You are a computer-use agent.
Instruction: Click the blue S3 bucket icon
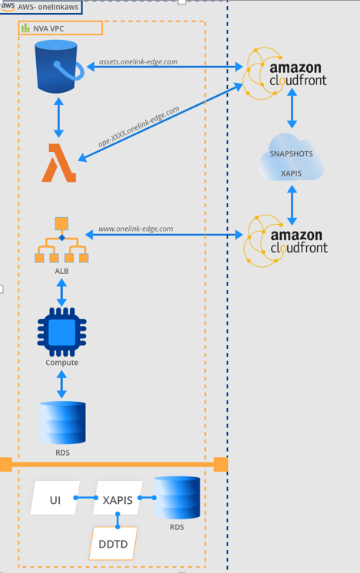click(x=58, y=67)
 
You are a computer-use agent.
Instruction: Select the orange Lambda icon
click(x=59, y=163)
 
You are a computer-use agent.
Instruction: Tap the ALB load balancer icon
click(x=61, y=240)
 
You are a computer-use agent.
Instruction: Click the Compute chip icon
click(x=62, y=332)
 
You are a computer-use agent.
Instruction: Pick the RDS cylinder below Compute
click(x=63, y=423)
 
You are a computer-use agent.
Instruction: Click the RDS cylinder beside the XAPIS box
click(x=177, y=497)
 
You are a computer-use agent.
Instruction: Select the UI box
click(x=55, y=498)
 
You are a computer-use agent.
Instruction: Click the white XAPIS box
click(x=117, y=498)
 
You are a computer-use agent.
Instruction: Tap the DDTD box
click(x=113, y=543)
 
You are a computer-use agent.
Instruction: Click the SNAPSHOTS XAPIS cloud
click(x=292, y=157)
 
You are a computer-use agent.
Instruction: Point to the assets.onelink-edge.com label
click(x=138, y=62)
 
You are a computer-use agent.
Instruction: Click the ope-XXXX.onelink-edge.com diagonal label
click(x=139, y=127)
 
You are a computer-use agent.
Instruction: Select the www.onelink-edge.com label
click(x=136, y=229)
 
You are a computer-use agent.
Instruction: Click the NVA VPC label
click(x=48, y=28)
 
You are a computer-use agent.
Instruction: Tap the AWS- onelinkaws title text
click(x=48, y=7)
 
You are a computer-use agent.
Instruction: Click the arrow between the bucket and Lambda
click(x=58, y=117)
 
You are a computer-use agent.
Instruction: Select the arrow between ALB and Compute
click(x=61, y=292)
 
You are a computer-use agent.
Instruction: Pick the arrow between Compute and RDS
click(x=61, y=384)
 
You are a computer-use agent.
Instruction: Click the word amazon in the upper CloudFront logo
click(x=296, y=68)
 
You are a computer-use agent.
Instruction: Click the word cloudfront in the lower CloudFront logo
click(x=299, y=248)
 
